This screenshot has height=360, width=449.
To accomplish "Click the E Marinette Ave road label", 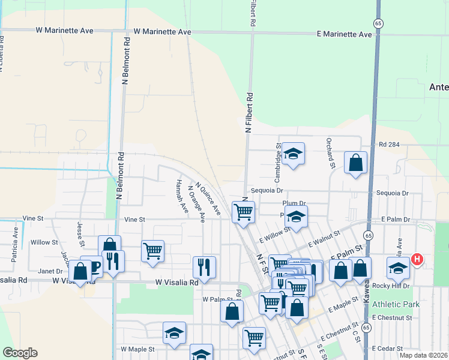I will click(x=345, y=34).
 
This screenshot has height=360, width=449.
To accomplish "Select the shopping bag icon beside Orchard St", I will click(x=355, y=163).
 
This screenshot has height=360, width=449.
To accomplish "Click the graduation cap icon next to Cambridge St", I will click(x=294, y=154).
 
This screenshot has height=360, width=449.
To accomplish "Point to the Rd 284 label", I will click(x=389, y=145).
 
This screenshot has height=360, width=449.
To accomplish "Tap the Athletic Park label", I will click(x=395, y=305).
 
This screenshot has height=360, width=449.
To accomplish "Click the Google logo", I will click(x=20, y=353).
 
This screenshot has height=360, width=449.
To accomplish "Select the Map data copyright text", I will click(x=423, y=355).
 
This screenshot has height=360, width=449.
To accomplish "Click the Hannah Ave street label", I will click(x=181, y=196).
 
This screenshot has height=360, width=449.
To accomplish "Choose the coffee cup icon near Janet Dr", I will click(x=91, y=266).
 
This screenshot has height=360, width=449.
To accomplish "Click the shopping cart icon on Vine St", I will click(x=243, y=212).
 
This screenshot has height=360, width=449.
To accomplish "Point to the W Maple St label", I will click(x=137, y=349).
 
